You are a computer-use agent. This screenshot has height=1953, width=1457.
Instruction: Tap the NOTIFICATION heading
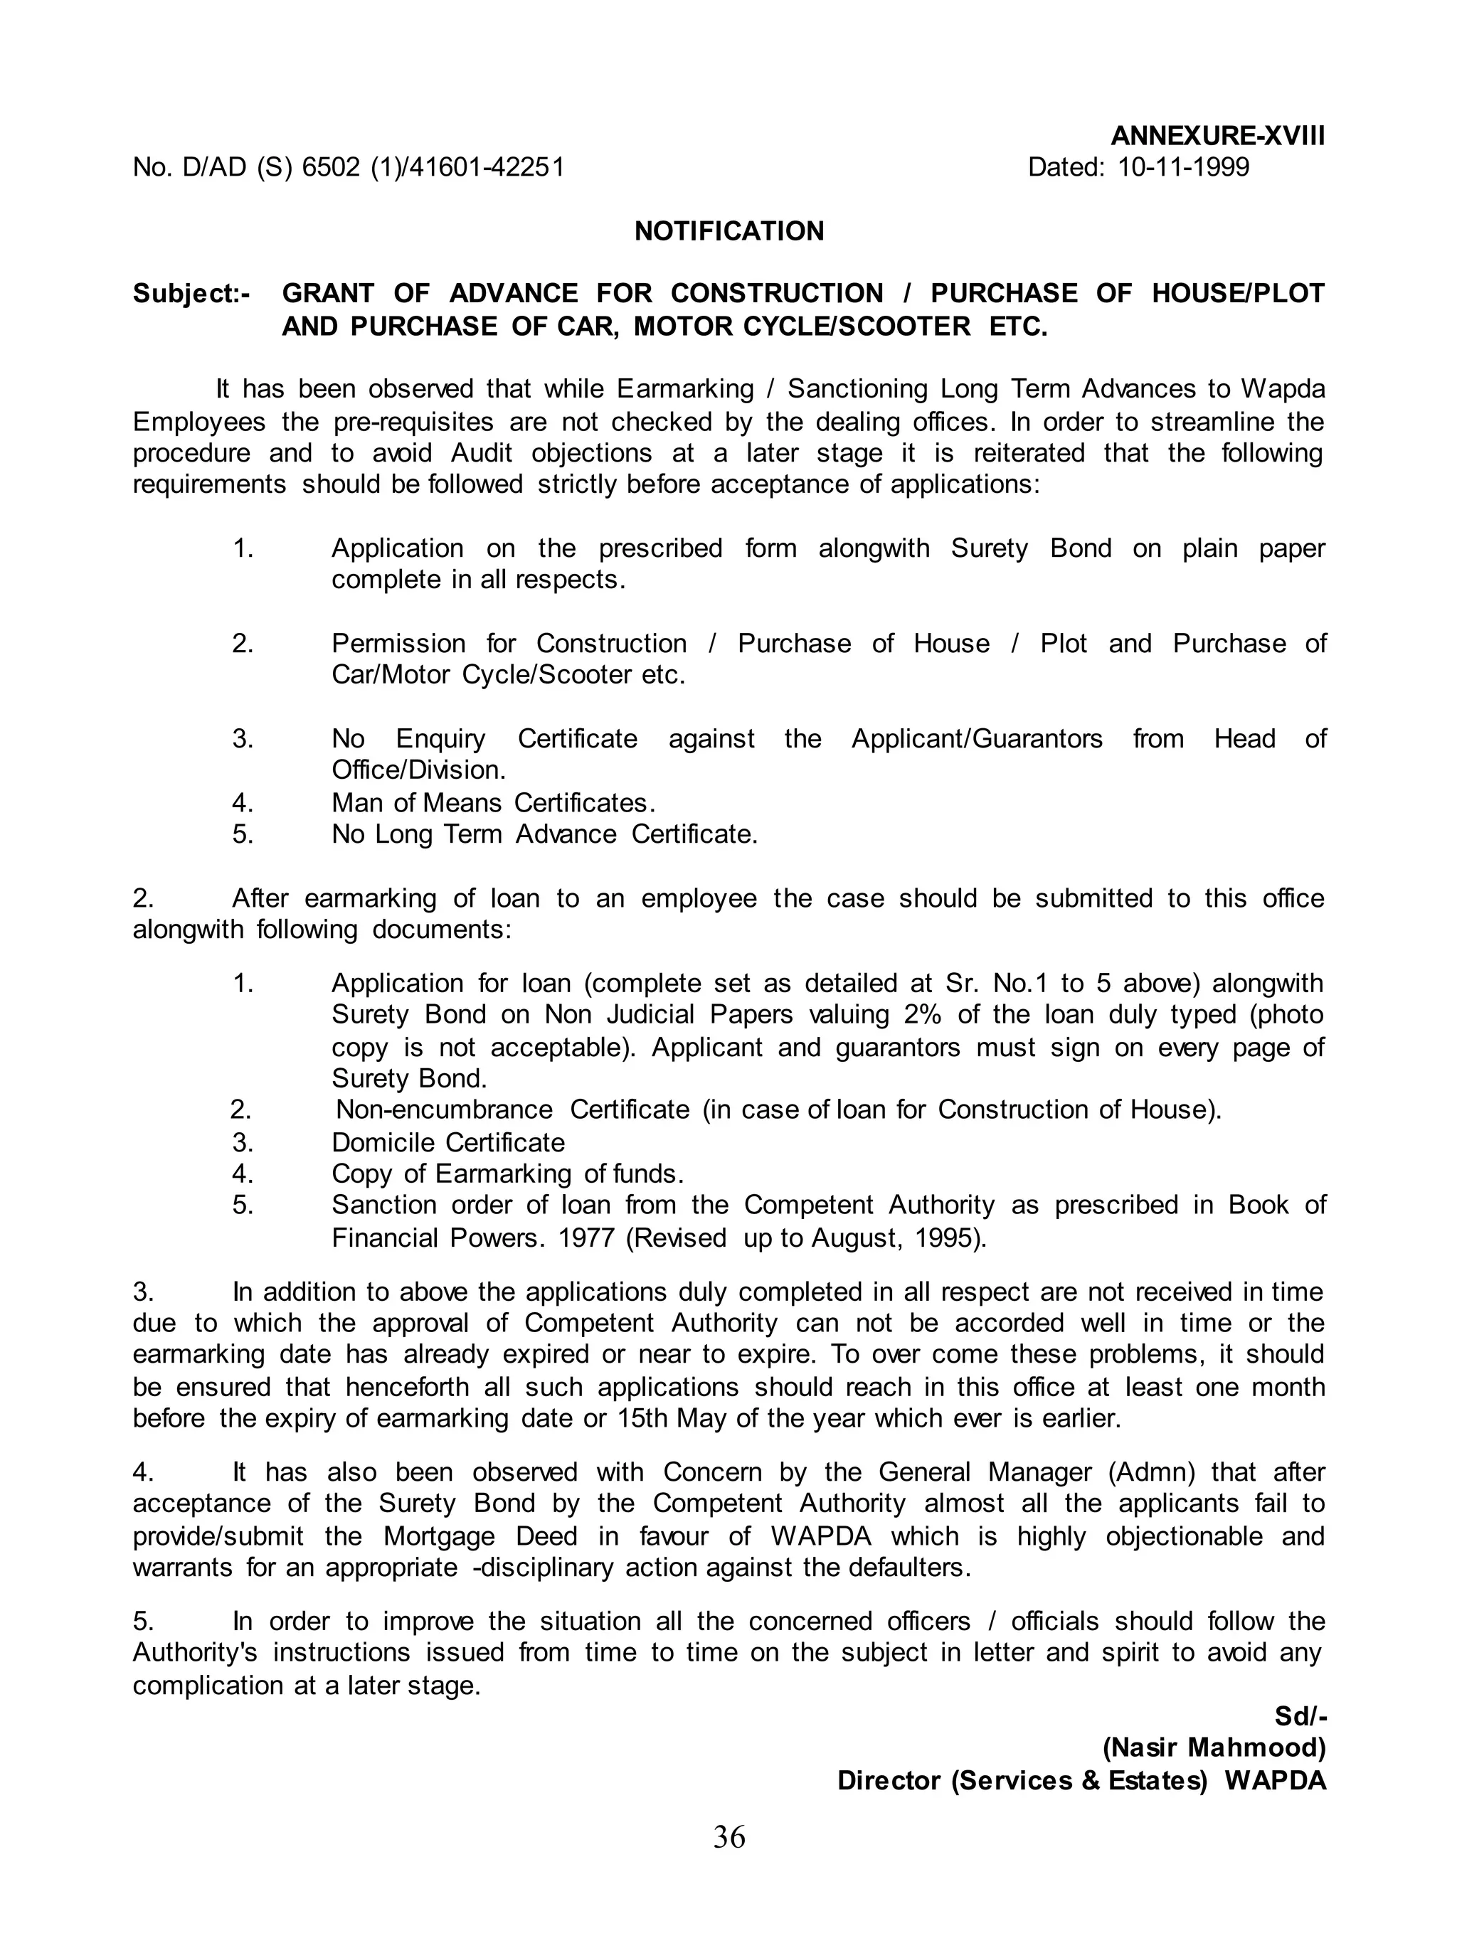728,231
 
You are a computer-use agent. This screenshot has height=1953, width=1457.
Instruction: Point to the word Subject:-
191,294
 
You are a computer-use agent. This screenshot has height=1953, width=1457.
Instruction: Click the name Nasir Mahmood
1214,1747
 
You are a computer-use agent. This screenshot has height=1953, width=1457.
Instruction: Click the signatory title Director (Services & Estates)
1022,1780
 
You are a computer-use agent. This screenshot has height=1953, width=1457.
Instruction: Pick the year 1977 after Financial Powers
586,1238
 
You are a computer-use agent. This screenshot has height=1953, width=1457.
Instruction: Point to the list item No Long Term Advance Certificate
544,834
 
